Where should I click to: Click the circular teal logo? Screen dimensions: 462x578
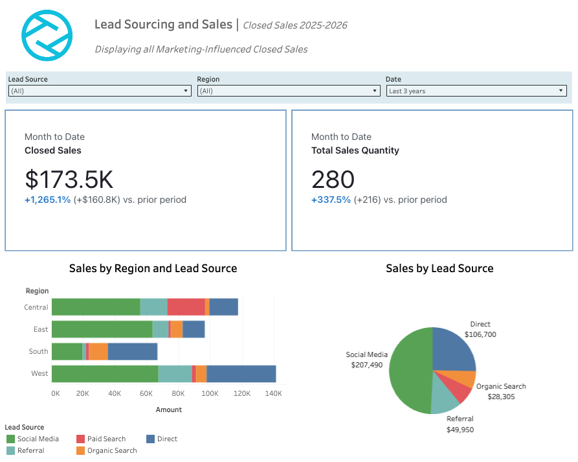pos(47,36)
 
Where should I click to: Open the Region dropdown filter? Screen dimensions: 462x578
pos(288,91)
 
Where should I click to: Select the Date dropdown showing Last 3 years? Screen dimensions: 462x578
pos(476,91)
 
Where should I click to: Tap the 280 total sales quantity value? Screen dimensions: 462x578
pos(333,179)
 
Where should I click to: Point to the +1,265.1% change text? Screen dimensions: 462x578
pos(47,200)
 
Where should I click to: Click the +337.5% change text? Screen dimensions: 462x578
pos(331,200)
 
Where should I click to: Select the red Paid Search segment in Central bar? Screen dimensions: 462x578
pos(186,307)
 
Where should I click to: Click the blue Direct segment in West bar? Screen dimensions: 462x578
pos(241,374)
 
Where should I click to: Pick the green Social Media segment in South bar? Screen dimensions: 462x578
pos(67,351)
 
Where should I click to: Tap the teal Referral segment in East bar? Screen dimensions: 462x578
pos(161,329)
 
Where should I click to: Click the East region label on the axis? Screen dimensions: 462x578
pos(41,329)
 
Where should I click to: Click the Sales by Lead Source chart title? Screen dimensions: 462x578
pos(439,268)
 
